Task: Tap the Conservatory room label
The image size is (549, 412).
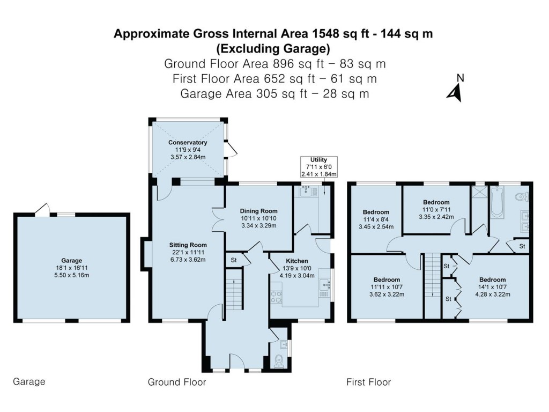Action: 187,142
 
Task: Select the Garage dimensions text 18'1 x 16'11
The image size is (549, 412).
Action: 72,268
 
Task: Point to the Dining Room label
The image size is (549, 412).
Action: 258,211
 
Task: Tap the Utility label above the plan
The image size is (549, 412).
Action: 315,160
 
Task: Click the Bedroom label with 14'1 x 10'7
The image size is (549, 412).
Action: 492,279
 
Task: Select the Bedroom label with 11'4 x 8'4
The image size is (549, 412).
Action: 376,212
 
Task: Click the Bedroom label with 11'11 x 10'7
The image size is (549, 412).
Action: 387,280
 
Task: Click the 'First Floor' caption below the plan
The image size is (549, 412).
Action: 368,382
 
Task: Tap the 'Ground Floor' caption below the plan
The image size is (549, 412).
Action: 176,382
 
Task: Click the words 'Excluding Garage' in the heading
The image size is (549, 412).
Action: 273,49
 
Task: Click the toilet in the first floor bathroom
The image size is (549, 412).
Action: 522,197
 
